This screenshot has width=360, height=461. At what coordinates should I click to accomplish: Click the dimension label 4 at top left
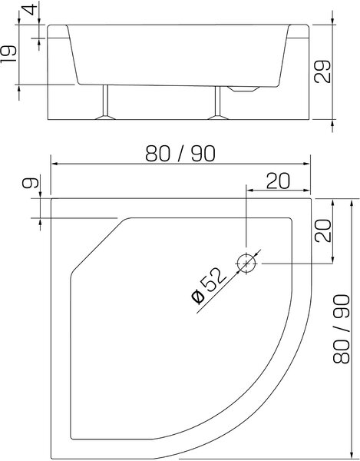pos(31,9)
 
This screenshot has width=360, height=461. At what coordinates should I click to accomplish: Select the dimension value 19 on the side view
pos(8,54)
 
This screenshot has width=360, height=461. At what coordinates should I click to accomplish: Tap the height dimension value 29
pos(322,71)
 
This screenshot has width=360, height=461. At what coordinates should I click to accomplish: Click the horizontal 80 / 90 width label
pos(180,153)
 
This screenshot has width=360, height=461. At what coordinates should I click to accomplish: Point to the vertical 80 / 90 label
pos(341,329)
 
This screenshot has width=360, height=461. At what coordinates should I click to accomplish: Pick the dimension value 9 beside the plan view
pos(30,183)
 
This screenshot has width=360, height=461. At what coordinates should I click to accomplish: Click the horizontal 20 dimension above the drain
pos(278,181)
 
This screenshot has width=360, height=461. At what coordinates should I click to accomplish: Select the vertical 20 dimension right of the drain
pos(322,230)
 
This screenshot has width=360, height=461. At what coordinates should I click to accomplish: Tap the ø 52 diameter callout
pos(209,286)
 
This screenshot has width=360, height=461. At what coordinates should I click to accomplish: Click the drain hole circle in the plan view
pos(246,264)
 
